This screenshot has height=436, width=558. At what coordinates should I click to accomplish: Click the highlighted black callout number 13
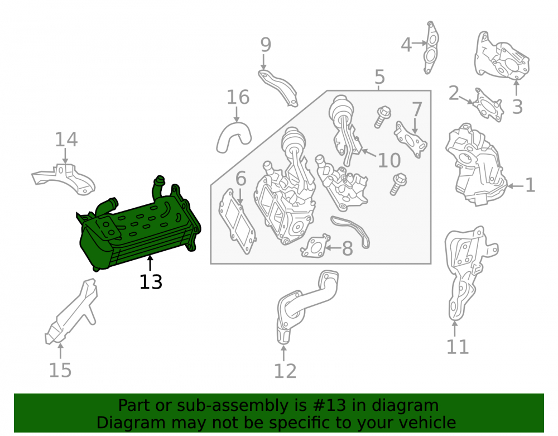(151, 282)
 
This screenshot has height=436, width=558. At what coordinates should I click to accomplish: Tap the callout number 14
(66, 140)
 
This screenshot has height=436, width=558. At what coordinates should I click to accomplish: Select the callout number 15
(60, 370)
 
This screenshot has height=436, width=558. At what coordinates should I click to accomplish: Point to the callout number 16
(238, 97)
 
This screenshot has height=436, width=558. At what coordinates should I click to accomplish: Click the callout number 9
(266, 45)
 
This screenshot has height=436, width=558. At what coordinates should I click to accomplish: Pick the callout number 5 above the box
(379, 77)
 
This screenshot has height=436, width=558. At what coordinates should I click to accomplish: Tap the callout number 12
(285, 371)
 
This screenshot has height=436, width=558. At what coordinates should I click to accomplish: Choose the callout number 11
(458, 347)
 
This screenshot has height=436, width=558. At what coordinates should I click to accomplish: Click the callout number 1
(530, 185)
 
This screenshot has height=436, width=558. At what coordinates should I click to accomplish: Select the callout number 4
(406, 45)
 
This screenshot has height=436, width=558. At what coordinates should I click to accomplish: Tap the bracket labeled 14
(64, 179)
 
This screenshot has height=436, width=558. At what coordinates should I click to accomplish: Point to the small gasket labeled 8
(315, 246)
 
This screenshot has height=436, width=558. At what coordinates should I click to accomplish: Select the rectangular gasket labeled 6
(237, 222)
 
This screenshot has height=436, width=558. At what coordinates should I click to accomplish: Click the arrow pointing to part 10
(369, 154)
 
